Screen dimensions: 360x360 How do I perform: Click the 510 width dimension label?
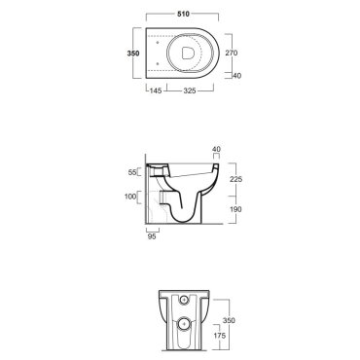(183, 14)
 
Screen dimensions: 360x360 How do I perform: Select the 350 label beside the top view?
(133, 54)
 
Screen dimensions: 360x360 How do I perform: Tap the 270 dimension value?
(232, 53)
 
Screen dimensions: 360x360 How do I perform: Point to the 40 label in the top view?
(237, 76)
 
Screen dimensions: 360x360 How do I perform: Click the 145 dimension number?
(156, 90)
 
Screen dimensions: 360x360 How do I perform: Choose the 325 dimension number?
(190, 90)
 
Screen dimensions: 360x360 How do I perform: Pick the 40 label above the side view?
(216, 149)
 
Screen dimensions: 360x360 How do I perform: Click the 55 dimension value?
(132, 172)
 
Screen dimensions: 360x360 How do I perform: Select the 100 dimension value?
(130, 197)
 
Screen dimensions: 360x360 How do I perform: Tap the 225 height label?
(235, 179)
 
